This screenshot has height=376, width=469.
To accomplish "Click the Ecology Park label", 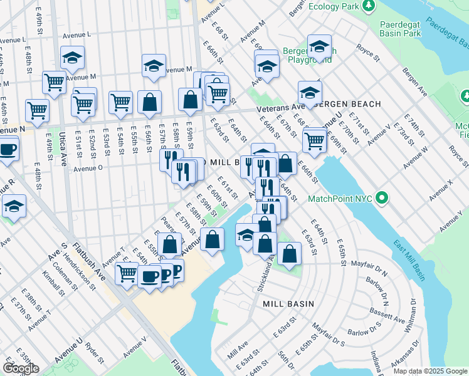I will [332, 6].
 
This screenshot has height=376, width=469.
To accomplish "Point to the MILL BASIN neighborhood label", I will [288, 303].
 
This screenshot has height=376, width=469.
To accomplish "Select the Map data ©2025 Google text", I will [429, 371].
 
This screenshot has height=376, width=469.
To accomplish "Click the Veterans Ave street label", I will [280, 108].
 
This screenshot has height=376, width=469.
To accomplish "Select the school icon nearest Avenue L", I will [73, 58].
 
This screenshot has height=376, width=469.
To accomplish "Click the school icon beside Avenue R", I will [14, 206].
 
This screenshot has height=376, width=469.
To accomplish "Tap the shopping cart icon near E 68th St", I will [314, 140].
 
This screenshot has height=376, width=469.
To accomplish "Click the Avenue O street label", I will [88, 169].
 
